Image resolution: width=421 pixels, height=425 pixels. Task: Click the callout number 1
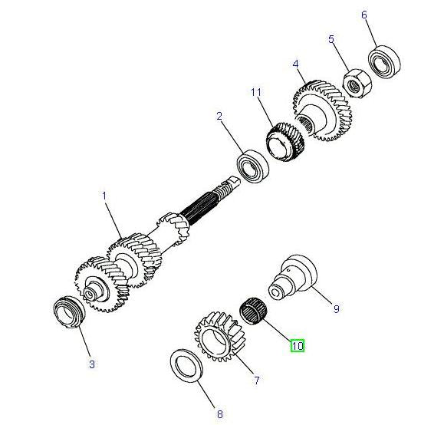(x=104, y=196)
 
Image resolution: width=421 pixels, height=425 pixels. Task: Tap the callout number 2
(x=219, y=117)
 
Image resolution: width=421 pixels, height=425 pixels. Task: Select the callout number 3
(x=92, y=364)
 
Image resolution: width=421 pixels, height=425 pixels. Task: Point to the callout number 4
(x=295, y=64)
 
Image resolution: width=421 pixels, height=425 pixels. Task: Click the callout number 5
(x=331, y=39)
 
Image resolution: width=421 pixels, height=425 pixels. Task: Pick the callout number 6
(x=364, y=15)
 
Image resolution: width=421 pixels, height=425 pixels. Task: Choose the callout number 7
(x=257, y=381)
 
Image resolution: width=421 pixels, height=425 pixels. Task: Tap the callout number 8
(x=220, y=414)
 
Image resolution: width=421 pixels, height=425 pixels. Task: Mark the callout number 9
(x=336, y=308)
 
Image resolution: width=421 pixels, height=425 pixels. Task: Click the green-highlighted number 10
(x=298, y=346)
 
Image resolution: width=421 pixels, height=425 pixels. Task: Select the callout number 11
(x=256, y=92)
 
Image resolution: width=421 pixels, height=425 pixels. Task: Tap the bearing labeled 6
(x=384, y=63)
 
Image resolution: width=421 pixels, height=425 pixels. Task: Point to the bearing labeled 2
(x=253, y=166)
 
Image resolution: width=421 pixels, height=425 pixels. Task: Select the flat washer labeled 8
(x=186, y=366)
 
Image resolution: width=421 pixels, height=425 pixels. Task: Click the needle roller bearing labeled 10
(x=254, y=311)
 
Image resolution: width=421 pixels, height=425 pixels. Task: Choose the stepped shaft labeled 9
(x=293, y=278)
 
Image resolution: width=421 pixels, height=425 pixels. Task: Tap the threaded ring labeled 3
(x=69, y=312)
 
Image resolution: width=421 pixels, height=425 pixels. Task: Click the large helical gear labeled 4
(x=323, y=110)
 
